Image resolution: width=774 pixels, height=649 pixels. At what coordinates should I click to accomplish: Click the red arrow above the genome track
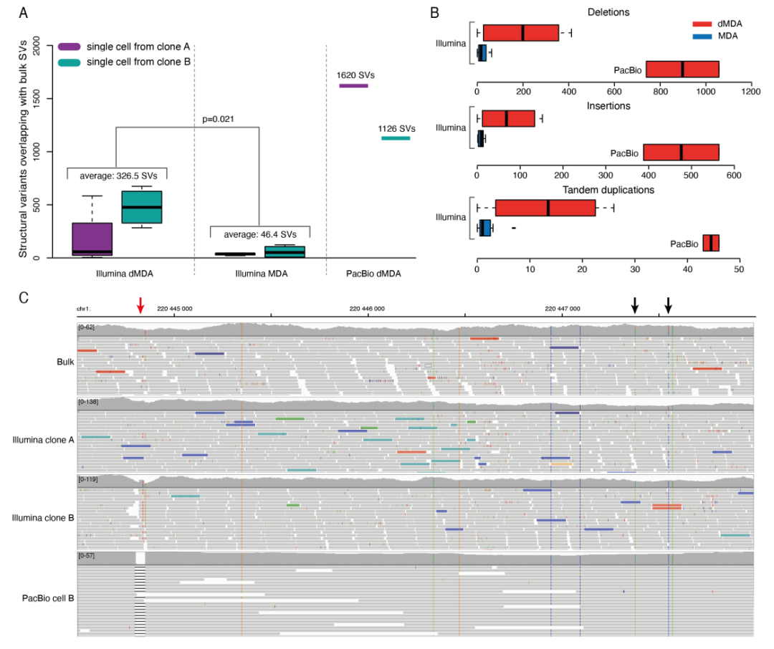(140, 306)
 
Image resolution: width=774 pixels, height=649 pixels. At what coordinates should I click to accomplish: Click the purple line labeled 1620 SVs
(353, 86)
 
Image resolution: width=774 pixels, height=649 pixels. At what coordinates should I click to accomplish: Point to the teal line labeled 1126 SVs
(396, 138)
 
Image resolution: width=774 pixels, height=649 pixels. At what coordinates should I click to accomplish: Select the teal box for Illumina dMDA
(142, 207)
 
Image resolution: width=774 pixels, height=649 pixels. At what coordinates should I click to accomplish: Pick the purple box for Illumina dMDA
(92, 239)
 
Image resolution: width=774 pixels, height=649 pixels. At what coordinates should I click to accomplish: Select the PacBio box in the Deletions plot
(682, 69)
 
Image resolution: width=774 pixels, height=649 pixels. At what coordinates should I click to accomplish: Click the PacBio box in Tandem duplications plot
(711, 243)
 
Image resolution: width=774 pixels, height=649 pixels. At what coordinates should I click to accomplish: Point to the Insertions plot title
(608, 106)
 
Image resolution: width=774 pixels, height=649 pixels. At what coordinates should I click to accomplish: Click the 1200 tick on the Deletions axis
(751, 91)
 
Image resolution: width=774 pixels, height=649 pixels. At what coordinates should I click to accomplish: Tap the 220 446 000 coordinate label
(367, 309)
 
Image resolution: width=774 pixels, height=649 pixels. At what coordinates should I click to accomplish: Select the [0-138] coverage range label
(90, 402)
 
